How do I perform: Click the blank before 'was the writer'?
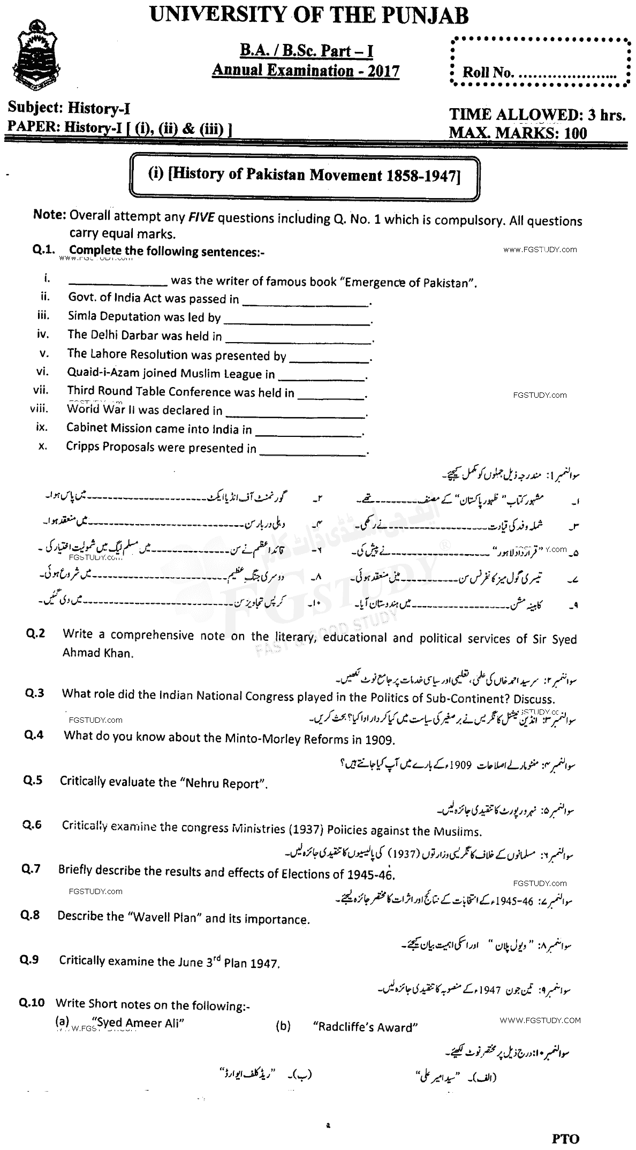click(x=118, y=281)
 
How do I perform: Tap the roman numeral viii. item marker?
click(x=39, y=409)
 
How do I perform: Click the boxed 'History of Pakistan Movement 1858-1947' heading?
click(x=304, y=176)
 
